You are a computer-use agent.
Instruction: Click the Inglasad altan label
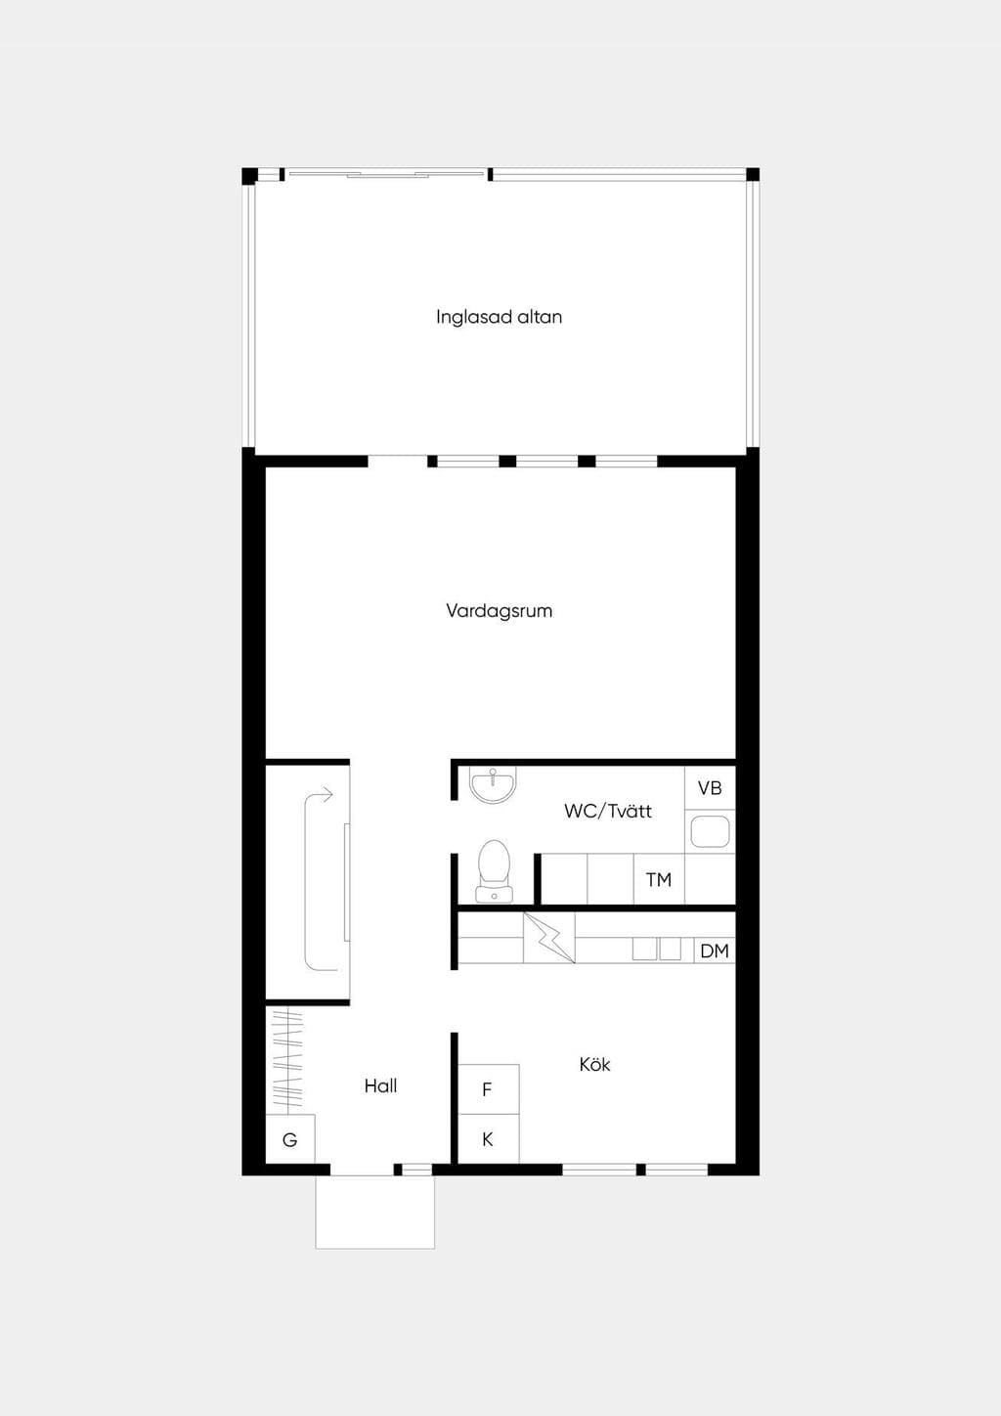point(500,317)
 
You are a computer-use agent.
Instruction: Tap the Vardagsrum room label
point(500,610)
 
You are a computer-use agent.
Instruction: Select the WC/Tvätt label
point(608,811)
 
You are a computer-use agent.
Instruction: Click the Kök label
point(594,1065)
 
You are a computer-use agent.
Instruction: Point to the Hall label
point(380,1086)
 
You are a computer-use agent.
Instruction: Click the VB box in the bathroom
point(710,787)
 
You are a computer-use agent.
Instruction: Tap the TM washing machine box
point(659,879)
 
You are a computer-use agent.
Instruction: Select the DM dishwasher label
point(715,951)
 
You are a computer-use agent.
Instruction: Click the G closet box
point(290,1139)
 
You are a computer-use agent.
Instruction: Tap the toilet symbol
point(495,870)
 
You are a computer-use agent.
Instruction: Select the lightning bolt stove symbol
point(548,938)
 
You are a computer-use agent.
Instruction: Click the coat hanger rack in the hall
point(288,1059)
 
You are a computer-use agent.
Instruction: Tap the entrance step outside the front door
point(375,1213)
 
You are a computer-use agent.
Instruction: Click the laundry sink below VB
point(710,831)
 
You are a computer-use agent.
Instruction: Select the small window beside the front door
point(417,1171)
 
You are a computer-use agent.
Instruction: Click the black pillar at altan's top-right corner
point(753,174)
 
